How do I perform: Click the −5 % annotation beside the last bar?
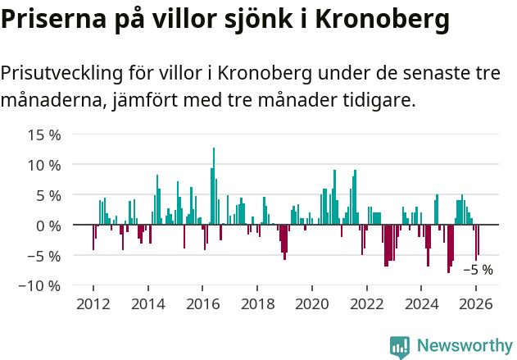click(478, 270)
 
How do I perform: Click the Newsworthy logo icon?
click(400, 346)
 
